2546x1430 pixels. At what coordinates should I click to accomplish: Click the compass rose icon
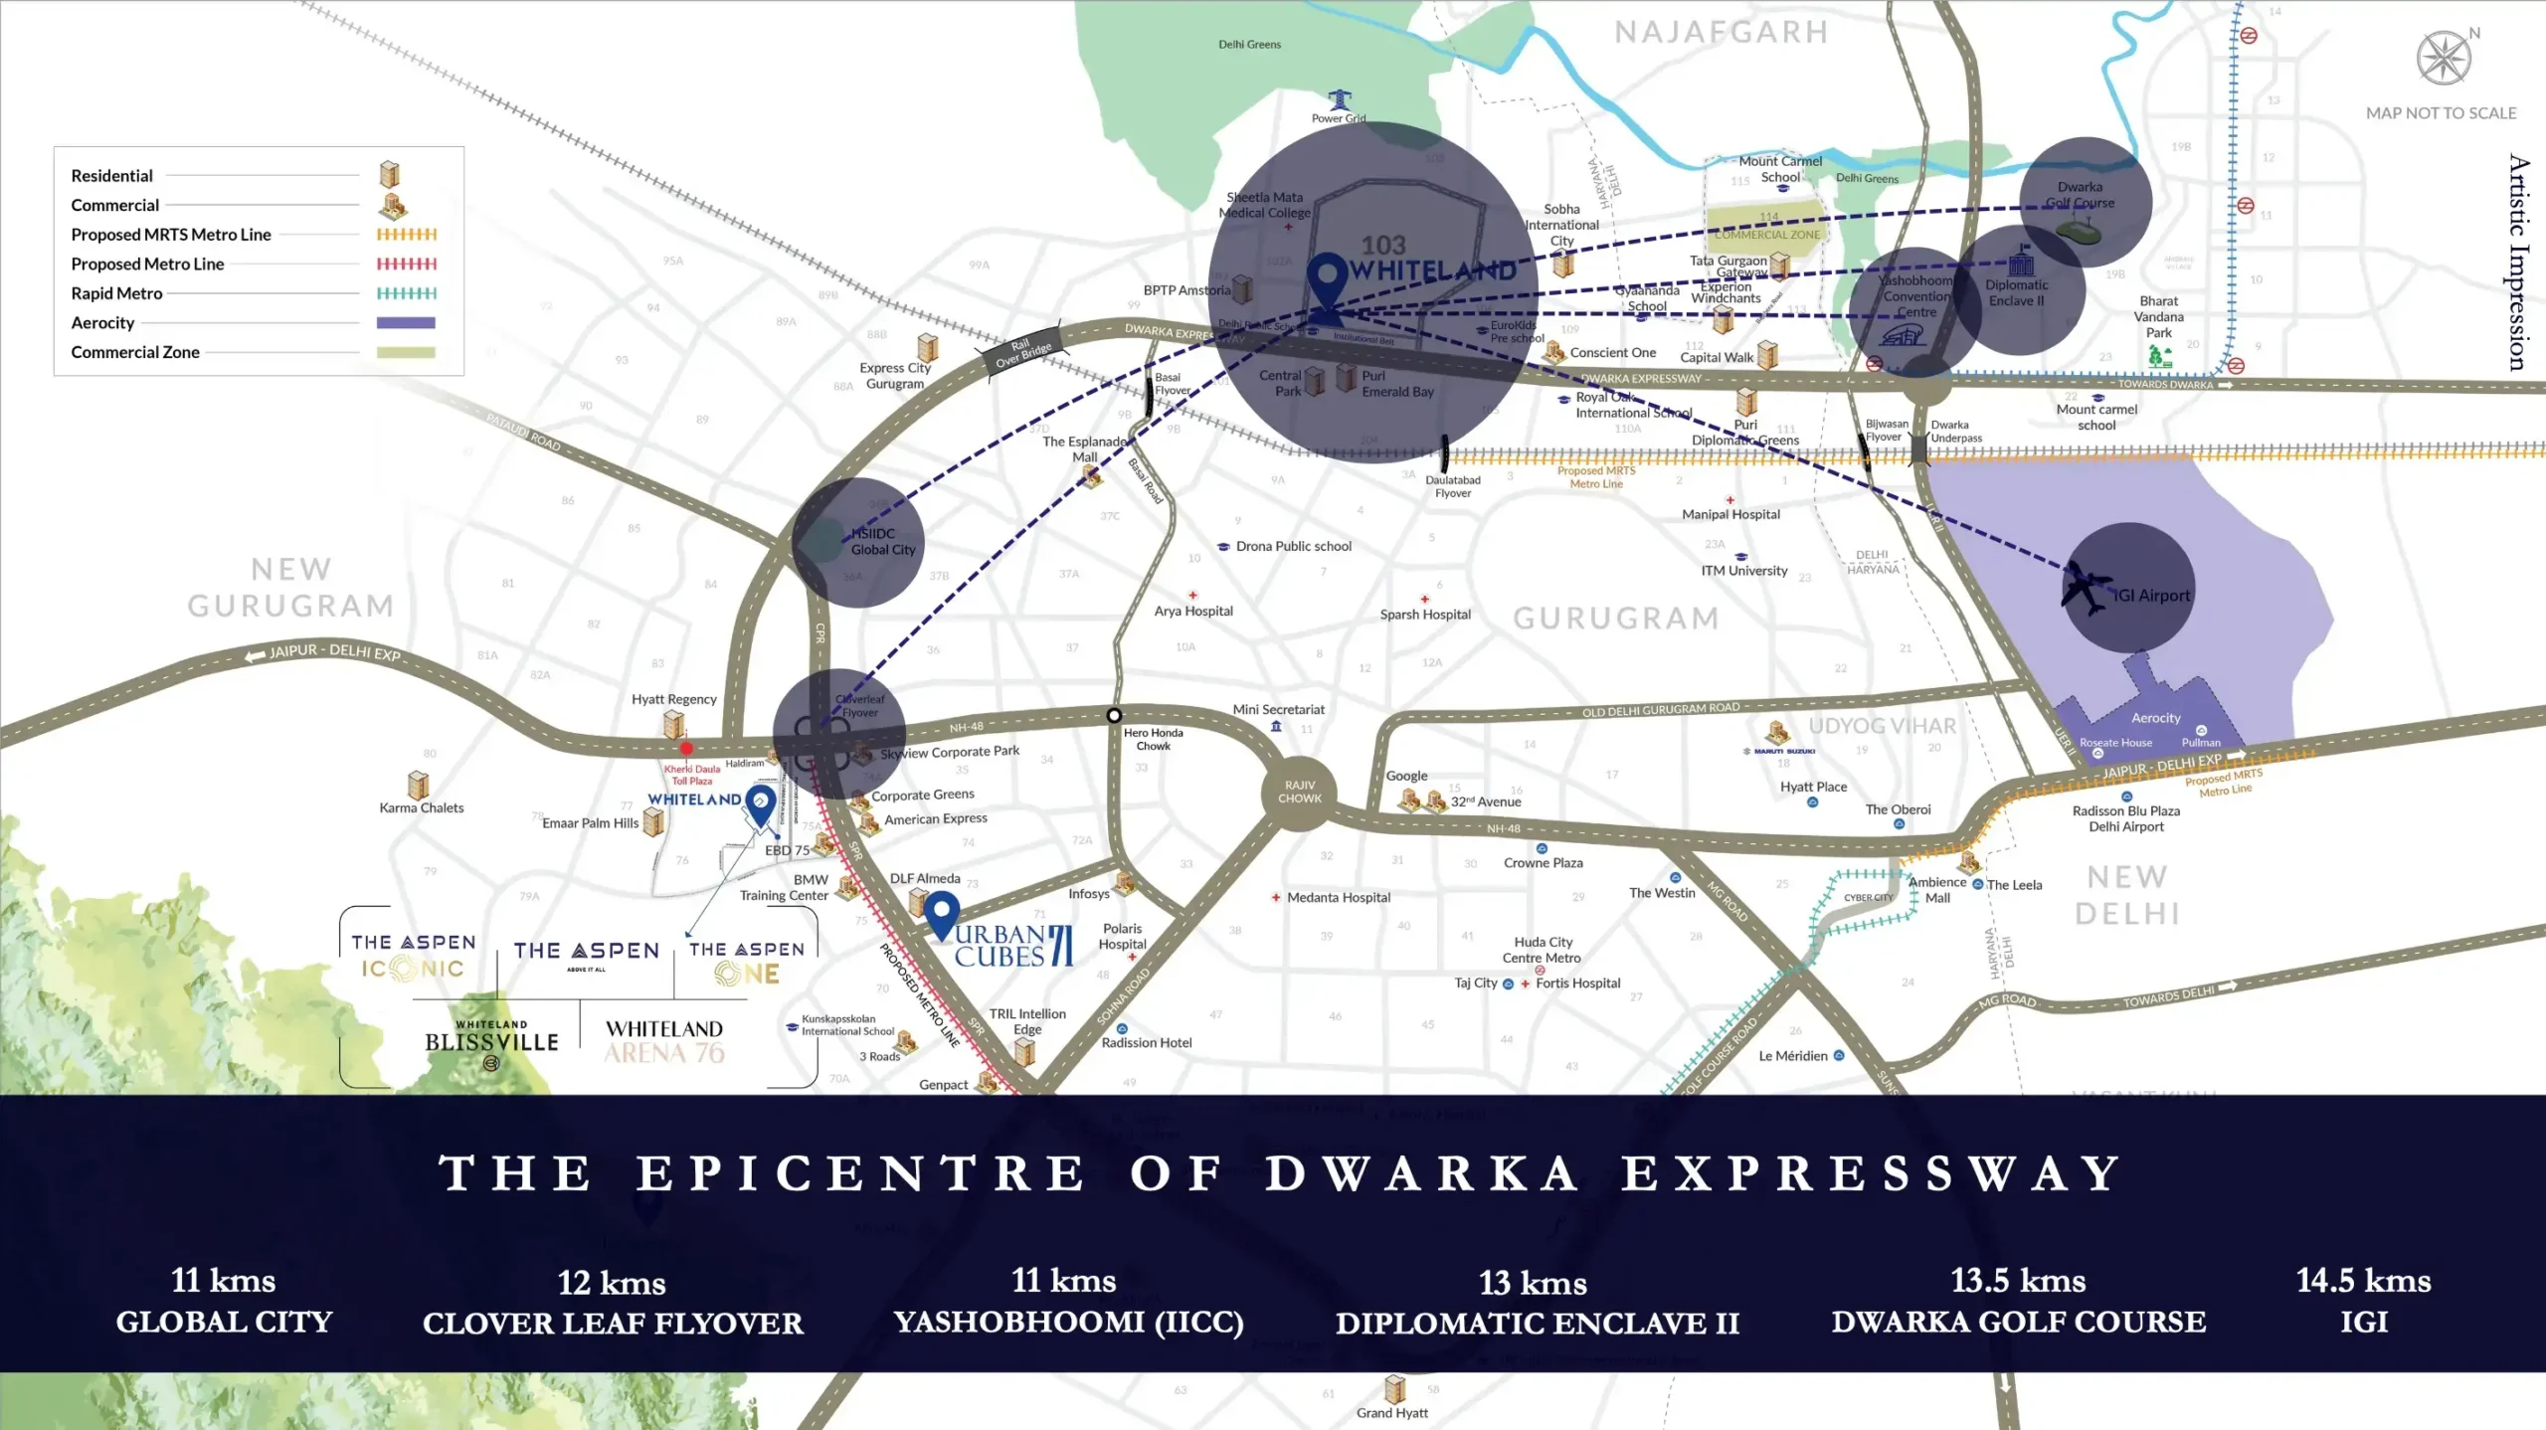pyautogui.click(x=2444, y=58)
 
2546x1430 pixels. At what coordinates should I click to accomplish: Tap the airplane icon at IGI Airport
pyautogui.click(x=2087, y=588)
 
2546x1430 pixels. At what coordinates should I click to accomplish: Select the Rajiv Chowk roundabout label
pyautogui.click(x=1300, y=792)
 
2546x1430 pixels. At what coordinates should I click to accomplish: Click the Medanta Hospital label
pyautogui.click(x=1339, y=897)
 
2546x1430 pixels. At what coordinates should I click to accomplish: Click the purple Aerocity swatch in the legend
pyautogui.click(x=406, y=322)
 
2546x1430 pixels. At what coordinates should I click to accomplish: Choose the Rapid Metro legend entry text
pyautogui.click(x=116, y=293)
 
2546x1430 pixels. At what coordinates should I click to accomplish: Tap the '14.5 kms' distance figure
pyautogui.click(x=2363, y=1280)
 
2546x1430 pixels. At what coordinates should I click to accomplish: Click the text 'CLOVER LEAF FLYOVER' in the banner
pyautogui.click(x=613, y=1324)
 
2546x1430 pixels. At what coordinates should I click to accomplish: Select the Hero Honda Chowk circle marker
pyautogui.click(x=1114, y=715)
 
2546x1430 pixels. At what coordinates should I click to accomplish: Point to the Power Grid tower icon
pyautogui.click(x=1340, y=100)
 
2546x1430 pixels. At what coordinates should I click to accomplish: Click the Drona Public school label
pyautogui.click(x=1293, y=546)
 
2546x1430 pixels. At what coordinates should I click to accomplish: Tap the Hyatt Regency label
pyautogui.click(x=673, y=699)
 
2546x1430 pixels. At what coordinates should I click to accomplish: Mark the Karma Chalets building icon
pyautogui.click(x=419, y=785)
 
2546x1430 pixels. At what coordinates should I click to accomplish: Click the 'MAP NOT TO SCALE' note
pyautogui.click(x=2441, y=113)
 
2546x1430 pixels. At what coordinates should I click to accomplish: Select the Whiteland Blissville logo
pyautogui.click(x=491, y=1040)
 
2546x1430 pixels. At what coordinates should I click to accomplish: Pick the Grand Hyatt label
pyautogui.click(x=1391, y=1413)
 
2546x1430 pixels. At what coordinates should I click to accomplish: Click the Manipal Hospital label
pyautogui.click(x=1730, y=514)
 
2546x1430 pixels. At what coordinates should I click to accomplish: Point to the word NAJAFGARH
pyautogui.click(x=1722, y=33)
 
